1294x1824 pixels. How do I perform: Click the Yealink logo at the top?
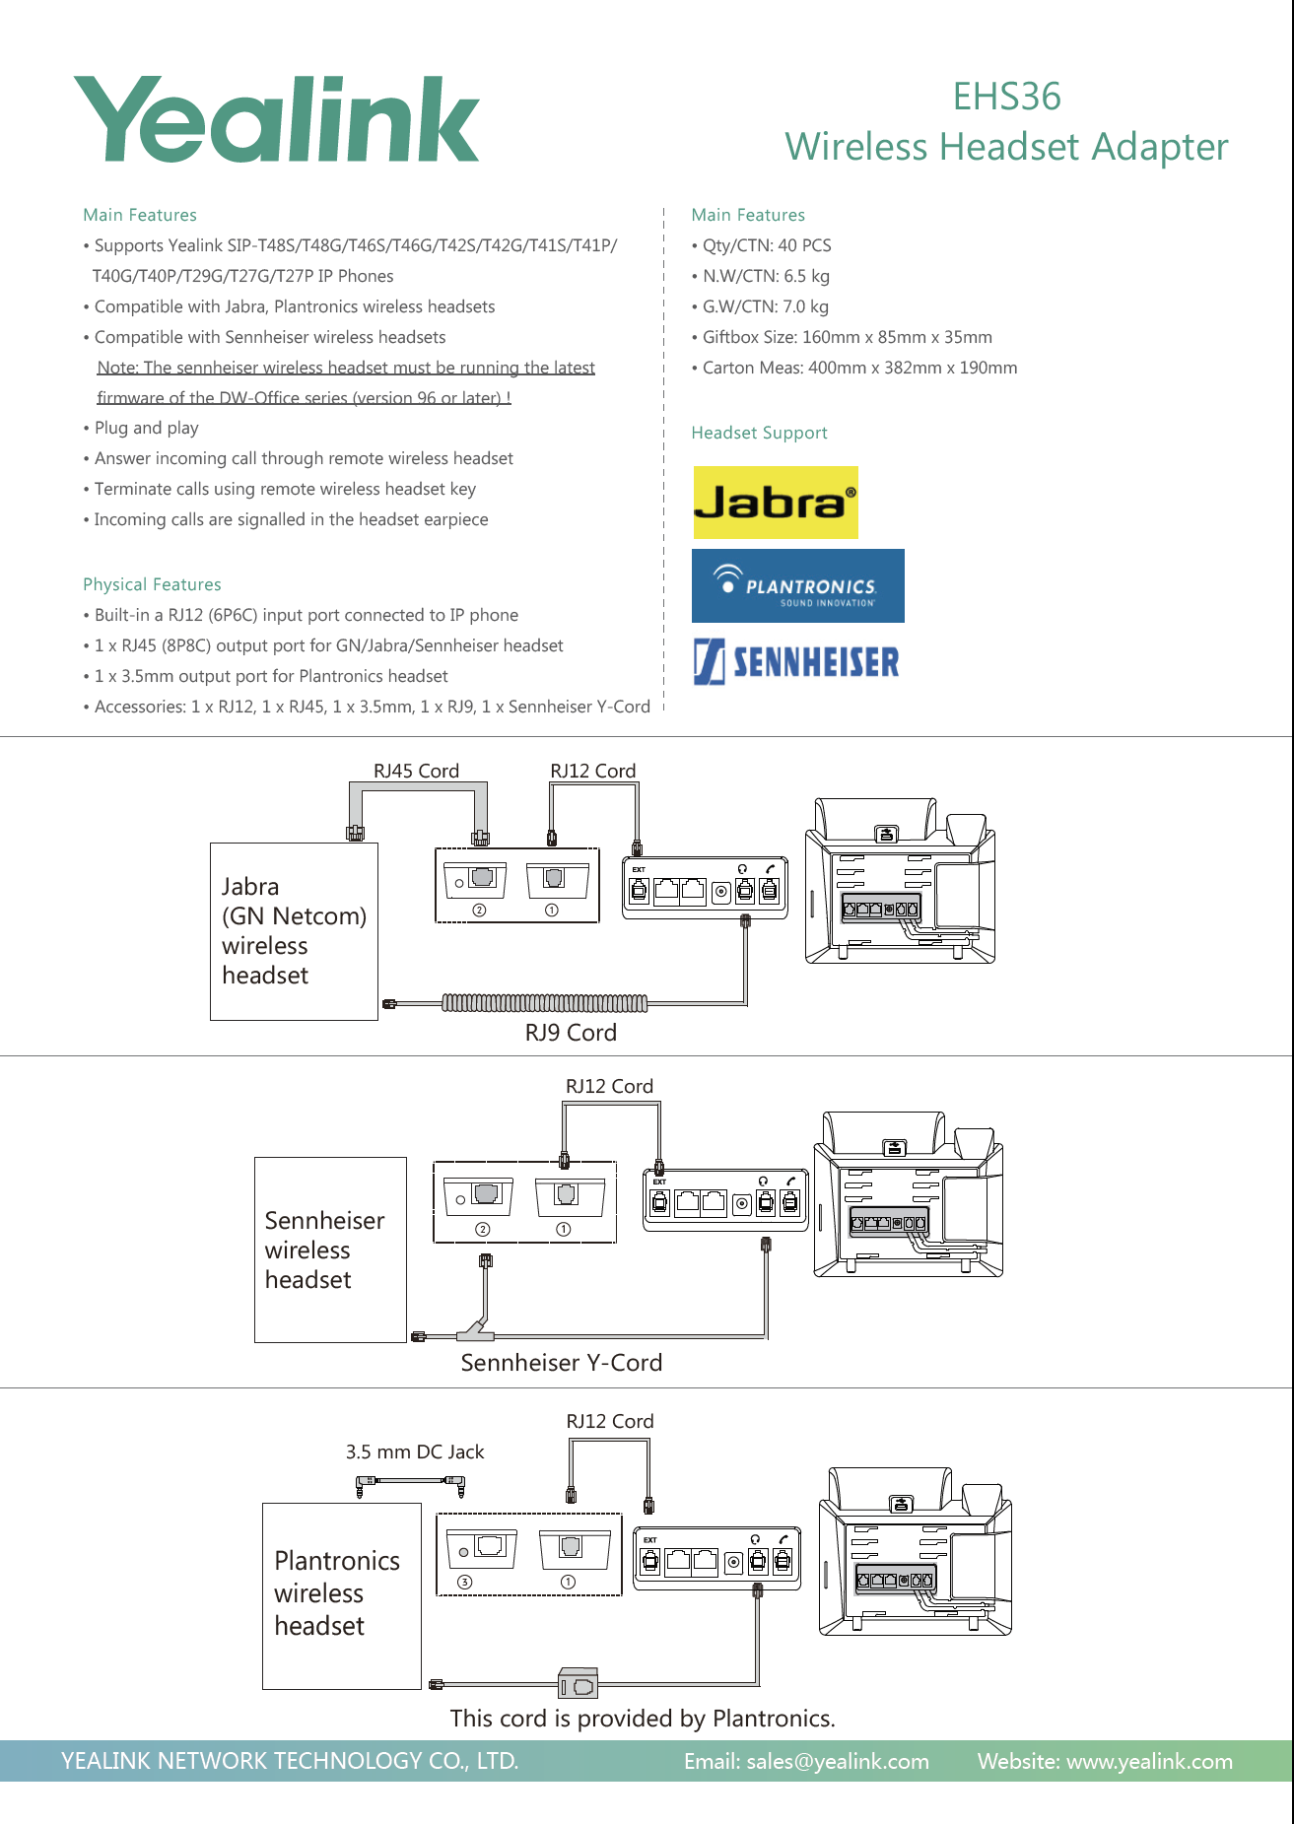point(276,119)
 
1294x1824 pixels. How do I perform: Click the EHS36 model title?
point(1006,97)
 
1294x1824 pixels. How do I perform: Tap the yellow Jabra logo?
point(776,503)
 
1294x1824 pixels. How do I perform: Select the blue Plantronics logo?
point(797,585)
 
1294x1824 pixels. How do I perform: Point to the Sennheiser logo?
point(796,661)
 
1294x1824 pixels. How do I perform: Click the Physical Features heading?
point(152,584)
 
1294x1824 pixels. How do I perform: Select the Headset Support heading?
point(759,433)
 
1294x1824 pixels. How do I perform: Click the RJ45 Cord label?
point(416,771)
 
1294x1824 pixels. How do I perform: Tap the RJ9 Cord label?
point(571,1033)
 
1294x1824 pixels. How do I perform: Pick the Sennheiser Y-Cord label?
point(561,1363)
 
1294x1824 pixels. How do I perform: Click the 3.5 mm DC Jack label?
point(415,1452)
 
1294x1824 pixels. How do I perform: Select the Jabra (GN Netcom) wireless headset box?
point(294,931)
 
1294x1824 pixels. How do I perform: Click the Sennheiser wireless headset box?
point(330,1250)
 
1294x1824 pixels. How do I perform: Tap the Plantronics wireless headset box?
point(341,1594)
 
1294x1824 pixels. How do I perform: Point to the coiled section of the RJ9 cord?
point(544,1003)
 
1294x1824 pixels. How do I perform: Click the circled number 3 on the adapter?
point(464,1582)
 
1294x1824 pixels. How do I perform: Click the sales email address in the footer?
point(806,1761)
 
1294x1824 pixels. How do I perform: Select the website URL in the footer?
point(1105,1761)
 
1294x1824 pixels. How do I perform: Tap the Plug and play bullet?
point(146,428)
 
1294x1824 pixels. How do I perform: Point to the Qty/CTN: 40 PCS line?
point(766,245)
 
